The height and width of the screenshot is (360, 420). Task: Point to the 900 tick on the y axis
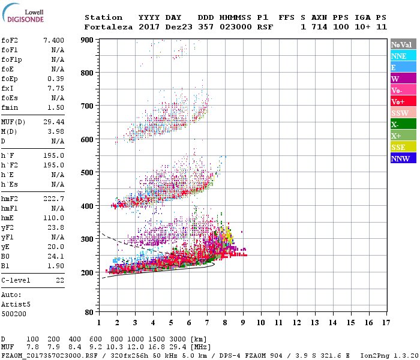tap(88, 40)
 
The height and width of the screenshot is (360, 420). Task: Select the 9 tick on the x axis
tap(243, 322)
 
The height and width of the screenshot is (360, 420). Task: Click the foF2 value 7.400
tap(53, 40)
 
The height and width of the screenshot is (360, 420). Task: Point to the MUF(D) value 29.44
tap(53, 122)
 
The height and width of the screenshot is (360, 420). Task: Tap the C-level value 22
tap(59, 280)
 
